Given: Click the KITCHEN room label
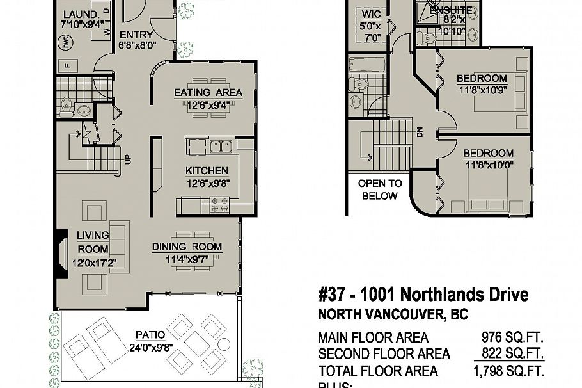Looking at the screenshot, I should coord(207,171).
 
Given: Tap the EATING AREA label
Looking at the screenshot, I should coord(208,93).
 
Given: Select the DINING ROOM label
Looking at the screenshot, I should coord(187,247).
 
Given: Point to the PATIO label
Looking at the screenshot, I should coord(150,335).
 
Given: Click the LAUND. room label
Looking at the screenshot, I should coord(80,14).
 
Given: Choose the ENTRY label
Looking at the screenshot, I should coord(136,35).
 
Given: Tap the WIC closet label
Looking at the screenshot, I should coord(372,13).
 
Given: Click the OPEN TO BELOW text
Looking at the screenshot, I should coord(380,190).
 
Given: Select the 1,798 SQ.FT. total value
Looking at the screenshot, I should coord(508,371).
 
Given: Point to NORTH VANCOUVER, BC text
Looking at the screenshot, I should coord(393,315).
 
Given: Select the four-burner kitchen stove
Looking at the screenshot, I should coord(219,205).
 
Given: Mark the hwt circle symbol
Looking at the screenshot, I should coord(65,43).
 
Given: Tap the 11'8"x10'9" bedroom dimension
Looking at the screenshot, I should coord(482,90).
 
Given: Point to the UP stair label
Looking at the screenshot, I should coord(129,159).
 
